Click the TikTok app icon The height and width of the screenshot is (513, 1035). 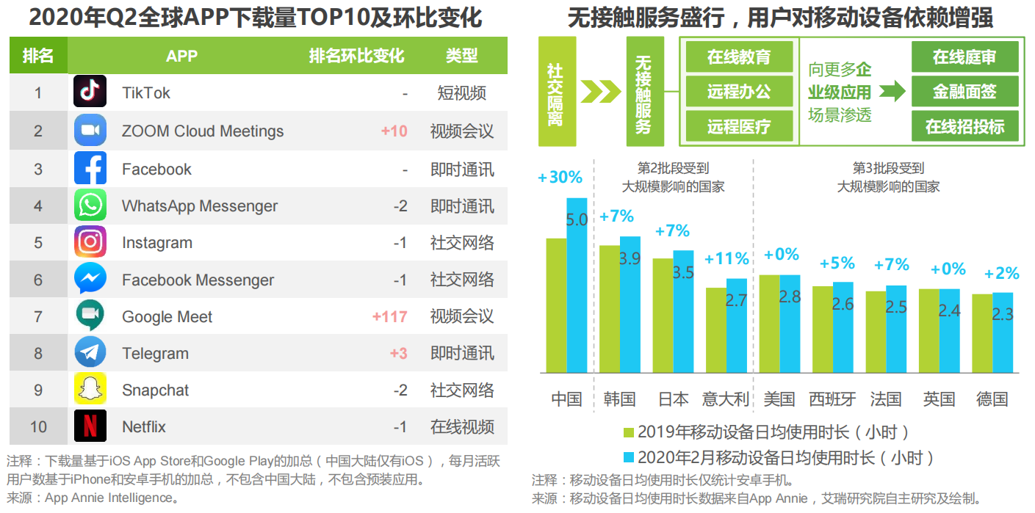(90, 92)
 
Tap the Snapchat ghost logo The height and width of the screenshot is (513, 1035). (90, 389)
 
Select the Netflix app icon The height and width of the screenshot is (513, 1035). (90, 426)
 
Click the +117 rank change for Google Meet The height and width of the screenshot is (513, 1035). (389, 316)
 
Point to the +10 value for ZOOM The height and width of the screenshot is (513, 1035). (394, 131)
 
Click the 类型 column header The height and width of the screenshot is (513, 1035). (461, 56)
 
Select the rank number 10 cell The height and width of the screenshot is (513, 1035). (38, 426)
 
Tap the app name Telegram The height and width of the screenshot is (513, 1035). (155, 353)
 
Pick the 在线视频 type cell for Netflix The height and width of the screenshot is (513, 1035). (462, 426)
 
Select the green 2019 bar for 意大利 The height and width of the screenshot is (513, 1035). (715, 330)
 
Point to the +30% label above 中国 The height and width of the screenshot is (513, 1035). (560, 178)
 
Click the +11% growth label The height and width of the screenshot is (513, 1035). (726, 258)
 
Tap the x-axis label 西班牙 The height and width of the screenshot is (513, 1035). (832, 399)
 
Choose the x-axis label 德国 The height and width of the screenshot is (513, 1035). (992, 399)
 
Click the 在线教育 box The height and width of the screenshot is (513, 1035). (739, 57)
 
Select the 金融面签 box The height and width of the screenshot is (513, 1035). (964, 92)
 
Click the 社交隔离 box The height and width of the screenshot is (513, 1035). (555, 92)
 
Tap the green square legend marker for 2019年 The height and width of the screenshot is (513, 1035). (628, 432)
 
